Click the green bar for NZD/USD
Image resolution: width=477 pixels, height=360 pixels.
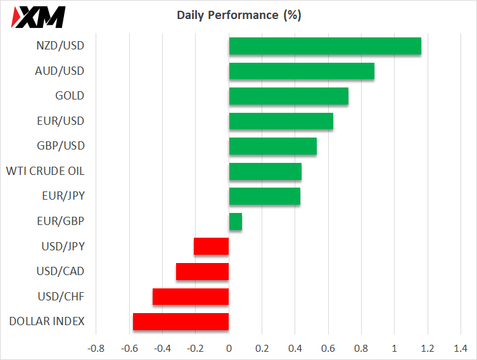(324, 46)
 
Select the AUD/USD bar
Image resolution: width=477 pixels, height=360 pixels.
(301, 71)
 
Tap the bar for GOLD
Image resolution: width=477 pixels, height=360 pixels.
(288, 96)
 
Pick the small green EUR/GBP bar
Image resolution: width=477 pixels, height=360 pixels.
(235, 221)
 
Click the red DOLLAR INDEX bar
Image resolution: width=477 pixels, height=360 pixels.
(181, 321)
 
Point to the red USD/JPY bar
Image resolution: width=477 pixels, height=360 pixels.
(211, 246)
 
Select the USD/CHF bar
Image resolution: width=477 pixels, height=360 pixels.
(190, 297)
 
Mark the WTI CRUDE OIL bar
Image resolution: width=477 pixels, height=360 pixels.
(265, 171)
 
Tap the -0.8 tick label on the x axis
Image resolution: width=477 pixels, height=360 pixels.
(96, 348)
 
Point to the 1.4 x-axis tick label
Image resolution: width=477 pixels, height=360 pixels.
(461, 348)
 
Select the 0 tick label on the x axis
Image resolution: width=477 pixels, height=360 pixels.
(229, 348)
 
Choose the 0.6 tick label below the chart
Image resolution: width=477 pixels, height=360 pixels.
(328, 348)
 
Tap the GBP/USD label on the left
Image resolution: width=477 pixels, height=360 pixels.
(61, 146)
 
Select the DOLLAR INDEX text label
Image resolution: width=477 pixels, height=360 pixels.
(47, 321)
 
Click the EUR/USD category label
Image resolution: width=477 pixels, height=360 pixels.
(61, 121)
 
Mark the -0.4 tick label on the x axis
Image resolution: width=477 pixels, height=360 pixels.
(162, 348)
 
